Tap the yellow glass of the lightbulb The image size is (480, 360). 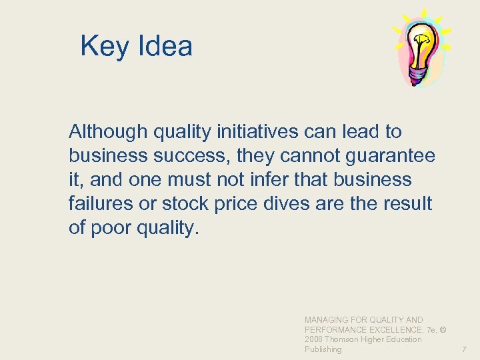[x=422, y=46]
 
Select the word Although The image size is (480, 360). [x=108, y=132]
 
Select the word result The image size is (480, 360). [x=406, y=204]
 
